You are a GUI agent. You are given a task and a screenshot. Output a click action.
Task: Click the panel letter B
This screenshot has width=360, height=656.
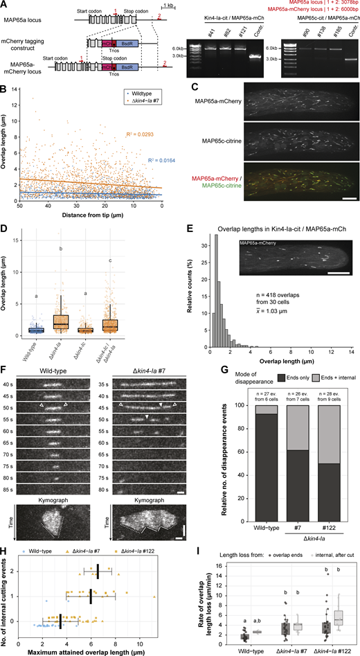4,88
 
